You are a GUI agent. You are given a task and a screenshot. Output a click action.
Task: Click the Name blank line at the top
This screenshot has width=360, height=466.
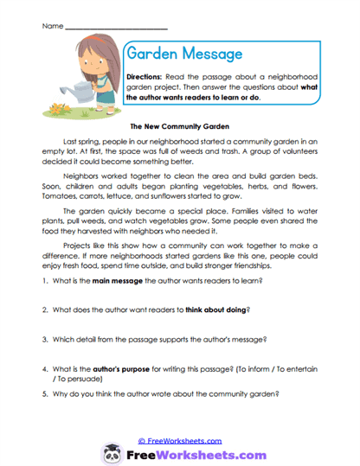104,27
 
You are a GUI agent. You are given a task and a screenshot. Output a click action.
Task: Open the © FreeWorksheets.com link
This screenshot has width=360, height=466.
179,440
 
